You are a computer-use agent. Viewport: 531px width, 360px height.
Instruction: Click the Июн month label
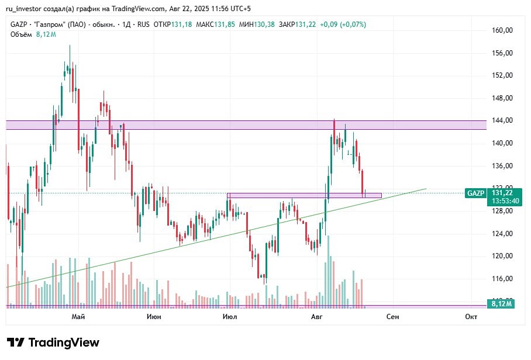click(x=154, y=317)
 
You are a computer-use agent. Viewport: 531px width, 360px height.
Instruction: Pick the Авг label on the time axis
click(x=317, y=317)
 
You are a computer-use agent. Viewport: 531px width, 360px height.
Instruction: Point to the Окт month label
click(x=471, y=317)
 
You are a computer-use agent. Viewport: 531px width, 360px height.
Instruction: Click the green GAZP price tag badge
click(x=474, y=193)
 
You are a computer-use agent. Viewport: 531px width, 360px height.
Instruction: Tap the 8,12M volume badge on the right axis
click(x=502, y=304)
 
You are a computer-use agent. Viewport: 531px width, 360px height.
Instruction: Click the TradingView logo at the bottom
click(x=53, y=342)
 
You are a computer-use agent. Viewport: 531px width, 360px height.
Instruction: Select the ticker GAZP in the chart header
click(x=19, y=25)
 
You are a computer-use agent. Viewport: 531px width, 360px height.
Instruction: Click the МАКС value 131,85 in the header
click(x=223, y=25)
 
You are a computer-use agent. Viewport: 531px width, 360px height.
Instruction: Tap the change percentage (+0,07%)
click(x=351, y=25)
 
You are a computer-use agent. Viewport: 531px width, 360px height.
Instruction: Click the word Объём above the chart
click(x=22, y=34)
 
